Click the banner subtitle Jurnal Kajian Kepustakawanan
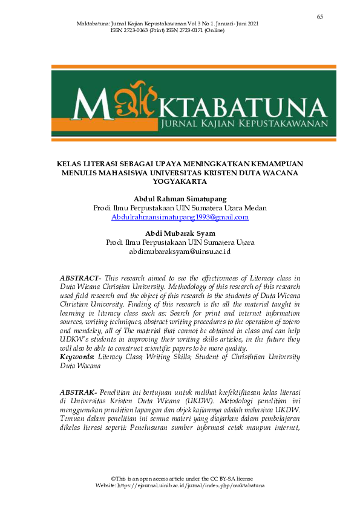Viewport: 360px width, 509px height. click(244, 123)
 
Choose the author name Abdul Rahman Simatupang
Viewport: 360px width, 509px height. click(180, 199)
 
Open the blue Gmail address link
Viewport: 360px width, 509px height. click(180, 217)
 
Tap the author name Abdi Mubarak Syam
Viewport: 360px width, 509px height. click(180, 233)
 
